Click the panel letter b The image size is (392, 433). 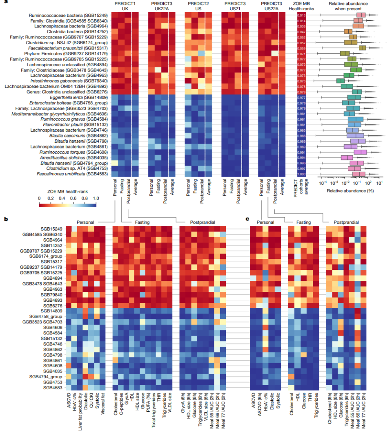pos(6,219)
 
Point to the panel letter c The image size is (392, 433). pos(247,219)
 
